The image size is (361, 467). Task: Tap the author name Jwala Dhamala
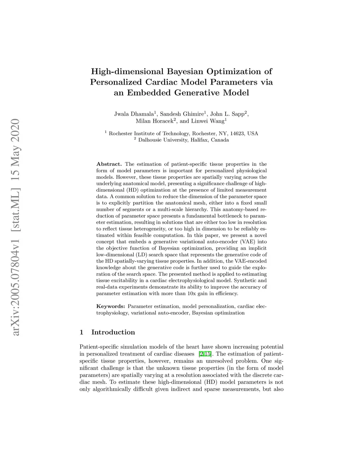[134, 114]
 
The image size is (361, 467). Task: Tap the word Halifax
[200, 140]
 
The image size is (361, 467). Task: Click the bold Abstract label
[109, 164]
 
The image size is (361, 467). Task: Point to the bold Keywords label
[110, 306]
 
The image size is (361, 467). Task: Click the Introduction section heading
[113, 332]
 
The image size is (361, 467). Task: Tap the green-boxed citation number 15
[208, 354]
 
